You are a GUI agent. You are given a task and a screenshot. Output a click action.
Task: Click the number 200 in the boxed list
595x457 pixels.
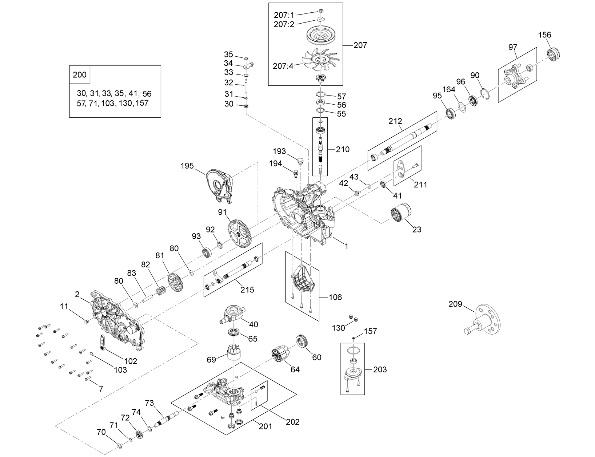80,75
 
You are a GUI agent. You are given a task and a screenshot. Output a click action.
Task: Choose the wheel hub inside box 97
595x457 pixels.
514,76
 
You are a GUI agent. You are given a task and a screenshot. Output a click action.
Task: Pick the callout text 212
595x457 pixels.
395,121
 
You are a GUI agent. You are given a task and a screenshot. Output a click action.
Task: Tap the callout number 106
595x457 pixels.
335,298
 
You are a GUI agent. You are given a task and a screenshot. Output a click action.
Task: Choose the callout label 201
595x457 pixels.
265,426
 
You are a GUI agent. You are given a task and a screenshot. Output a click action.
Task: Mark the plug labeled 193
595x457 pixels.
300,161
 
